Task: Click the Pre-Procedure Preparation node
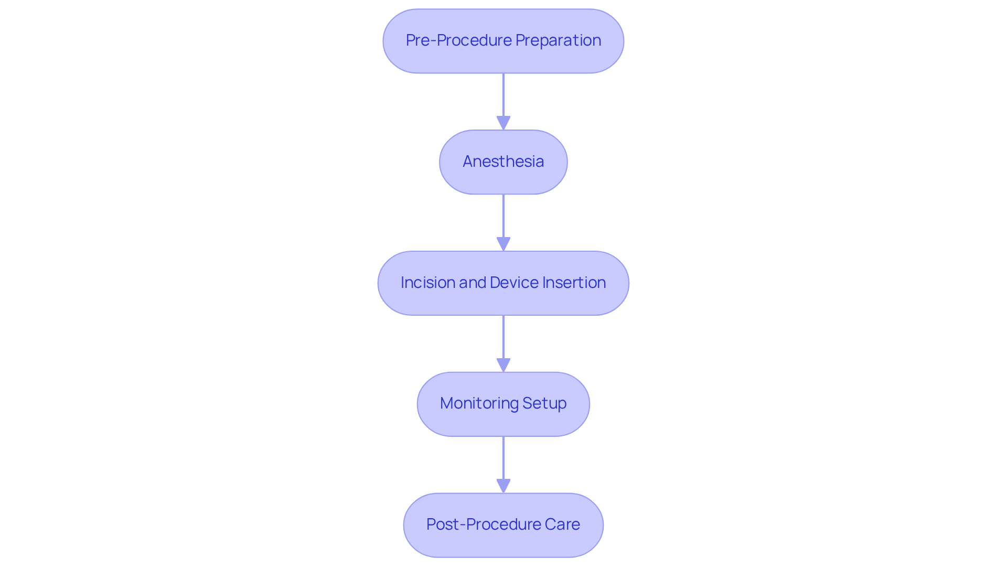pyautogui.click(x=503, y=41)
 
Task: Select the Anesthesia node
pyautogui.click(x=503, y=162)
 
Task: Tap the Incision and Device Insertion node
pyautogui.click(x=503, y=283)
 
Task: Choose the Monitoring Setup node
pyautogui.click(x=503, y=404)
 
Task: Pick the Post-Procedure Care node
pyautogui.click(x=503, y=525)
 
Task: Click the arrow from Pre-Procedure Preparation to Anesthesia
pyautogui.click(x=504, y=97)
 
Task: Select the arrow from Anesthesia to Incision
pyautogui.click(x=504, y=218)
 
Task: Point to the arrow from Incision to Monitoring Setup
pyautogui.click(x=504, y=339)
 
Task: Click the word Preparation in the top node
pyautogui.click(x=558, y=40)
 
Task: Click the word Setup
pyautogui.click(x=544, y=403)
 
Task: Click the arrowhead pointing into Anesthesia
pyautogui.click(x=504, y=123)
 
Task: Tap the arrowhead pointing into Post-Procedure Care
pyautogui.click(x=504, y=486)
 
